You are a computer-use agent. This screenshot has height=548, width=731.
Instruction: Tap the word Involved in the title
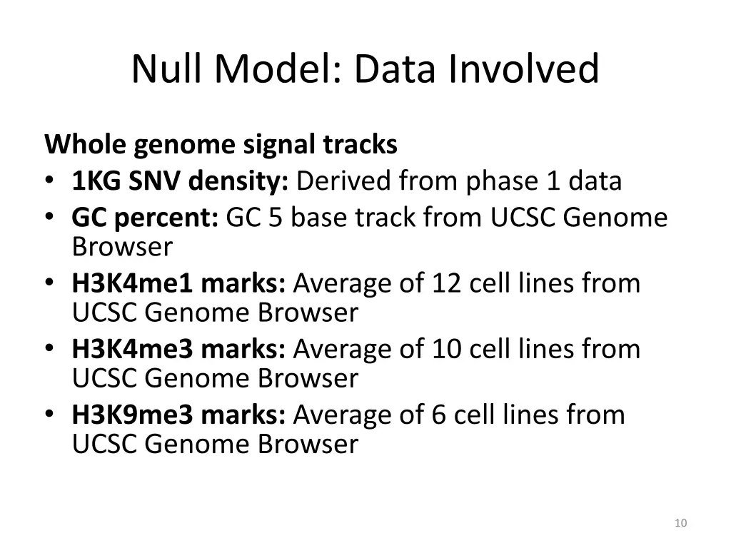(525, 69)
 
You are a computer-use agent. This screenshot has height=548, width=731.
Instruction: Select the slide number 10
(680, 524)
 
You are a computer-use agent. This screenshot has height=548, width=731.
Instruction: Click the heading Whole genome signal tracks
(221, 145)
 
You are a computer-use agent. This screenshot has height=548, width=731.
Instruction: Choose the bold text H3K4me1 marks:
(178, 283)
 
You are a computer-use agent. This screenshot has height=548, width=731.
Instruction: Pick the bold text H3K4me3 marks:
(178, 349)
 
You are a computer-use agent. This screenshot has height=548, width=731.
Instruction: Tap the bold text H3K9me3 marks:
(178, 415)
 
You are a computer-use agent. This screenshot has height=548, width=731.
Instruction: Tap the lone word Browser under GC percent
(122, 247)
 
